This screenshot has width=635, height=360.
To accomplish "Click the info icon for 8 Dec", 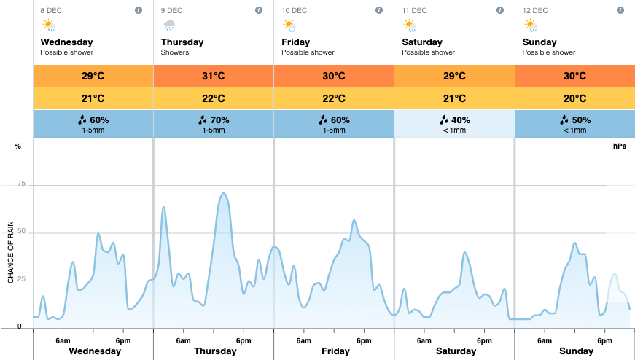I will [139, 10].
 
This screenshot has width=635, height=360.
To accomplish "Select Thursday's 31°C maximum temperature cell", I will [213, 76].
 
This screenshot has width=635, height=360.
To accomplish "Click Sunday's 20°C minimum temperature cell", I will [575, 98].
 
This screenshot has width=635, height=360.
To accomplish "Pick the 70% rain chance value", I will [214, 120].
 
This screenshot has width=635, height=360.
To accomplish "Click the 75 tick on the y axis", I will [22, 184].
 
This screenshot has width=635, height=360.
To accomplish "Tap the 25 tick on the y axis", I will [22, 279].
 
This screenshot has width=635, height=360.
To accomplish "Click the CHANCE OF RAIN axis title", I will [11, 252].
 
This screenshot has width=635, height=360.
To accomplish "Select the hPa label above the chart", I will [620, 146].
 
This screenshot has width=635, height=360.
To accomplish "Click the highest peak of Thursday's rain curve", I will [223, 193].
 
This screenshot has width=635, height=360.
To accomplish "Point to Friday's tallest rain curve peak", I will [354, 220].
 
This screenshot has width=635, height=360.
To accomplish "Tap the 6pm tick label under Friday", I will [364, 341].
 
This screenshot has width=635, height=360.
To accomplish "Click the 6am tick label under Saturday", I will [424, 341].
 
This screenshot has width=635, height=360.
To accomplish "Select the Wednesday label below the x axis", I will [95, 351].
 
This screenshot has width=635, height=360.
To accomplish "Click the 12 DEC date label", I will [535, 11].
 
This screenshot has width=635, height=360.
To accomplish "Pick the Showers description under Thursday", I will [175, 52].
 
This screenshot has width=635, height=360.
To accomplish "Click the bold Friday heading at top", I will [296, 42].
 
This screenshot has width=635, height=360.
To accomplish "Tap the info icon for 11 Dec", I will [500, 10].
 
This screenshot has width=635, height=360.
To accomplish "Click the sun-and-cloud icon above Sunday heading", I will [531, 26].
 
